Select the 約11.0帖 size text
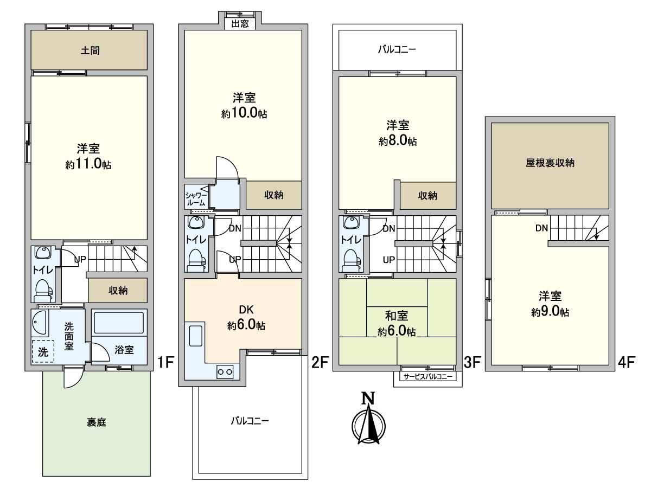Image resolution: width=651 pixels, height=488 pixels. (88, 165)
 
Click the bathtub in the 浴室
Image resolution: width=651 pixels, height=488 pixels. (119, 323)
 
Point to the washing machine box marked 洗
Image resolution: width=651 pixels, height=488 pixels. (42, 351)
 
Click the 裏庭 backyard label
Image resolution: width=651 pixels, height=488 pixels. (96, 422)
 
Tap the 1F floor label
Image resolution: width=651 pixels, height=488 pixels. (165, 362)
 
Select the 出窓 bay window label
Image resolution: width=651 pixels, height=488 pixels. (240, 23)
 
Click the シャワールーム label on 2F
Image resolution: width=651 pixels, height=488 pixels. (195, 198)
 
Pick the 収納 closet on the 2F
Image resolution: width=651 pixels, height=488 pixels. (274, 195)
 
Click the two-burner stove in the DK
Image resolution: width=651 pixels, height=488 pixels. (225, 371)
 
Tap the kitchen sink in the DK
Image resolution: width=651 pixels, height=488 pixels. (195, 336)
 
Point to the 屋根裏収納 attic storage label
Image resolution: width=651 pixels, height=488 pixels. (550, 163)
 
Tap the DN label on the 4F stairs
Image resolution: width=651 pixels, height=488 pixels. (542, 228)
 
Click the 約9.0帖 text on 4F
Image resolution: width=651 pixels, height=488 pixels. (550, 312)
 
